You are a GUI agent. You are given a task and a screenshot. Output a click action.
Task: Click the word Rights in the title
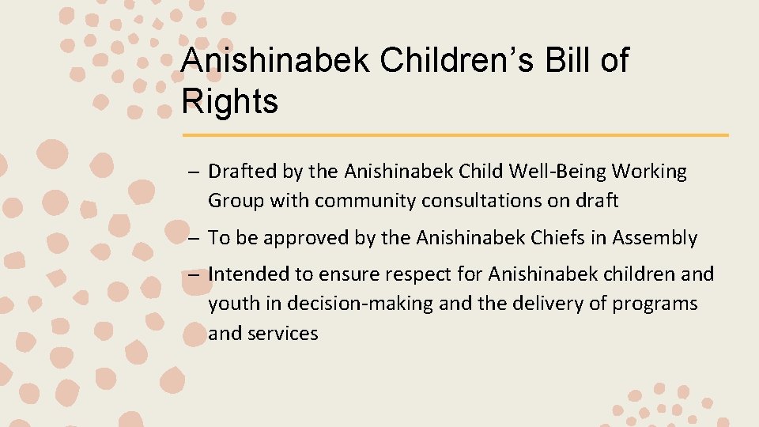[229, 101]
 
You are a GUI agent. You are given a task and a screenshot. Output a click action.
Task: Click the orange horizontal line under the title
[455, 135]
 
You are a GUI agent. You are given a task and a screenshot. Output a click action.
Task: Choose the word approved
[308, 238]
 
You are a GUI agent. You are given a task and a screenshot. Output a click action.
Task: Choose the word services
[283, 334]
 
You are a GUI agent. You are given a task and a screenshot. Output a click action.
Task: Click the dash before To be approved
[194, 238]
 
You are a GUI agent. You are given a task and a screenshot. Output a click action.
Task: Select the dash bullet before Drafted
[194, 172]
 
